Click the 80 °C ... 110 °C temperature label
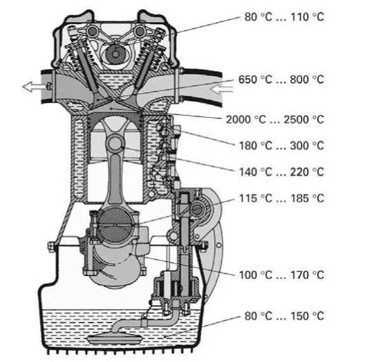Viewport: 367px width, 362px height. (284, 17)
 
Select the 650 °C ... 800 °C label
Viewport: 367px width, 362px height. (281, 80)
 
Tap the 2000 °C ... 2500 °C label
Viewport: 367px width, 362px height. (275, 120)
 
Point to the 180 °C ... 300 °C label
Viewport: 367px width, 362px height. (281, 145)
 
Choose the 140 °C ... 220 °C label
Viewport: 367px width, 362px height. (281, 172)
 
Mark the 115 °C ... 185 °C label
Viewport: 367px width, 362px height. (281, 199)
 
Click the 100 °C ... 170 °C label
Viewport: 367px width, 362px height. (281, 275)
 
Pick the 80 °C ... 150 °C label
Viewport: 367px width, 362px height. (284, 316)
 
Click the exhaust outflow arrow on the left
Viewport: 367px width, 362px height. (33, 87)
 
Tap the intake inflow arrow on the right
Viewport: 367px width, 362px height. (221, 89)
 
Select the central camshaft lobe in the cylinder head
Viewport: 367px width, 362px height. (115, 55)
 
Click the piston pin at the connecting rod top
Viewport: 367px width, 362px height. (115, 143)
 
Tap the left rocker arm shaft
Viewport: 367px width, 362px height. (92, 31)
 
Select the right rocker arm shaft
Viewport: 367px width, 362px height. (140, 31)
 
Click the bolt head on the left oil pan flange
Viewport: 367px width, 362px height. (52, 246)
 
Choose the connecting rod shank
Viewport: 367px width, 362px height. (115, 178)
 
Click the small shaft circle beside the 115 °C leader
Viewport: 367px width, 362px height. (198, 210)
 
